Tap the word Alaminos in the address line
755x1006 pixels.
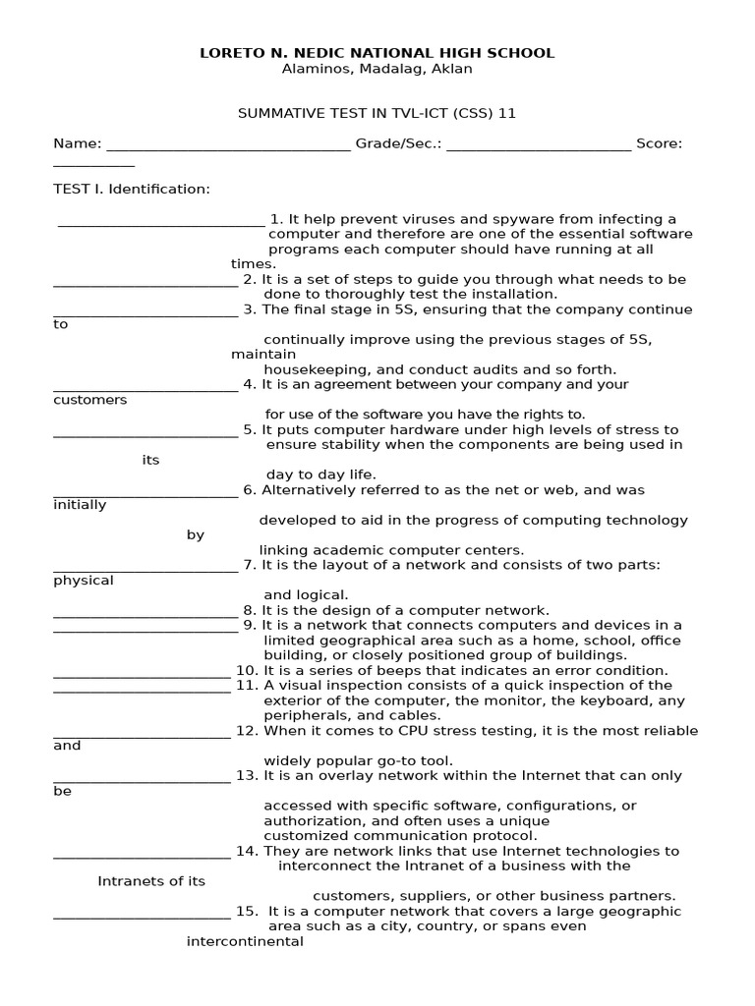click(314, 69)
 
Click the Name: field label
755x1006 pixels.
click(77, 143)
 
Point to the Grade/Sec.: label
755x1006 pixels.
click(398, 143)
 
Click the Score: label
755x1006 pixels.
click(659, 143)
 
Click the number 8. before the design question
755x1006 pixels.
click(250, 610)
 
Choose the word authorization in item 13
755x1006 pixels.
click(313, 821)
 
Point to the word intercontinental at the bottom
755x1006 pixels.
click(245, 941)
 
